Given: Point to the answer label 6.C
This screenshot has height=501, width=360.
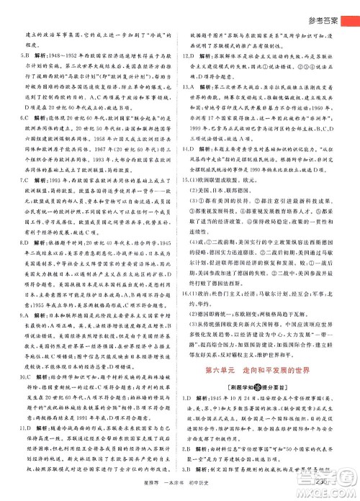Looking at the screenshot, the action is tap(20, 135).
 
